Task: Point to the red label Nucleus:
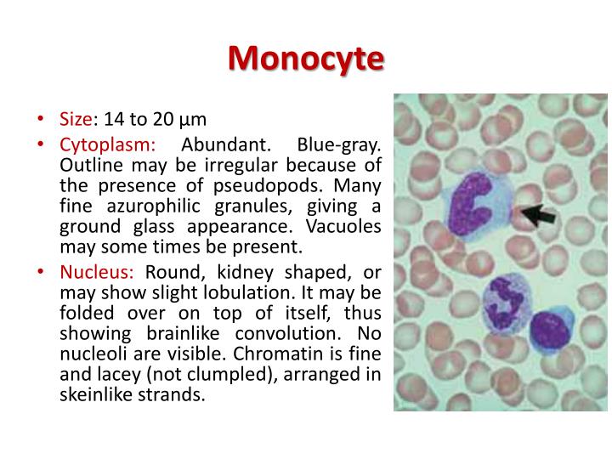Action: coord(97,273)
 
